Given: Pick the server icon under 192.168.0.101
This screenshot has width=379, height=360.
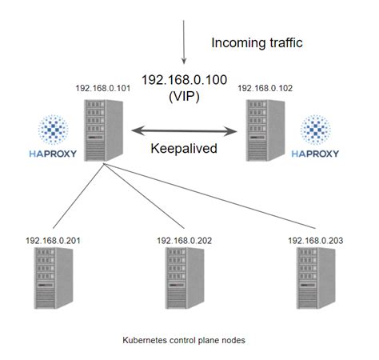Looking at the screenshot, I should [106, 129].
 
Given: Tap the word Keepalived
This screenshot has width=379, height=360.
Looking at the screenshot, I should [184, 148].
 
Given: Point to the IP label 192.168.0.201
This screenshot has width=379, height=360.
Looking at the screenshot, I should [54, 239].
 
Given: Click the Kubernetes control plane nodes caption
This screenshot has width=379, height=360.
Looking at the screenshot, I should [184, 340].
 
